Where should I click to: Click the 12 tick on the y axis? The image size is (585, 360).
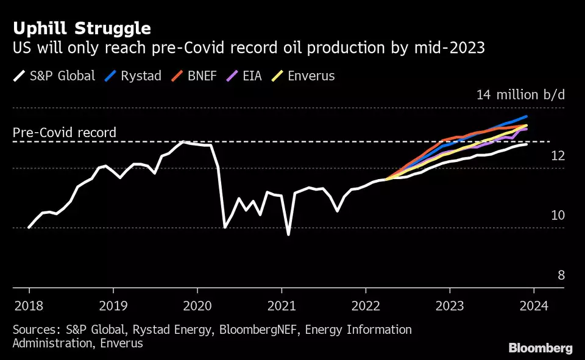pos(558,157)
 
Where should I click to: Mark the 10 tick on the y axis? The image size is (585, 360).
pos(558,216)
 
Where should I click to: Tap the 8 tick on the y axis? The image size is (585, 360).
pos(561,275)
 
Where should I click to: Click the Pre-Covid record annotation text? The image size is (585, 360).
pos(65,133)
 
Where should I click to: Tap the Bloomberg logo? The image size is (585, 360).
pos(541,348)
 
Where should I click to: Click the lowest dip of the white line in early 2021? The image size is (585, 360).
pos(288,234)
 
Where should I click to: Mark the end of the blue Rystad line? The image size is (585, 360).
pos(526,116)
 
